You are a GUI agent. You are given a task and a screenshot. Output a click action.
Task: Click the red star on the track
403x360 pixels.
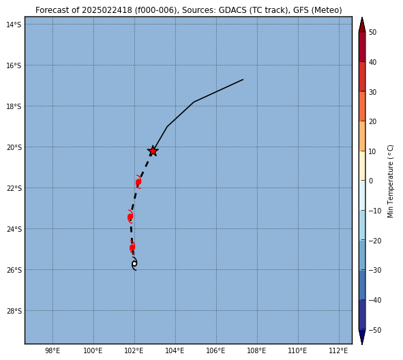pos(153,151)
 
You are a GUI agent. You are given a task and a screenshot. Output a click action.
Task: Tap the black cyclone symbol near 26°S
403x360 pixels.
pos(134,263)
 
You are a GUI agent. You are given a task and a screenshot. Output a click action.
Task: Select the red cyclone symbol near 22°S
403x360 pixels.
pos(138,181)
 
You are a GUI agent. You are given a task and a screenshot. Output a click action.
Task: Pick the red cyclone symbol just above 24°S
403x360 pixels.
pos(130,217)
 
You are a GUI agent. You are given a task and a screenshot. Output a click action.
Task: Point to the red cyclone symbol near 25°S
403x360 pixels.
pos(132,247)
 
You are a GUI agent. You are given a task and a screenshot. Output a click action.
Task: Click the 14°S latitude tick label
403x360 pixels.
pos(14,25)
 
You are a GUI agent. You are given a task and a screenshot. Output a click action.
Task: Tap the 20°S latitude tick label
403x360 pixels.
pos(14,147)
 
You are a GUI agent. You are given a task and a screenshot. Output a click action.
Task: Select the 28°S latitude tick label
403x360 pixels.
pos(14,311)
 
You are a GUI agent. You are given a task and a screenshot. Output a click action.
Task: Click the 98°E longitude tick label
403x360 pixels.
pos(53,350)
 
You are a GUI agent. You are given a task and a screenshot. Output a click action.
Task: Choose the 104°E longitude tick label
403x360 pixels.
pos(175,350)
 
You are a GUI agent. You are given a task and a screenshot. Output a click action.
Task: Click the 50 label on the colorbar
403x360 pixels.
pos(372,32)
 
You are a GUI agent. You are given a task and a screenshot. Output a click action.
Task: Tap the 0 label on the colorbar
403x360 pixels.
pos(371,181)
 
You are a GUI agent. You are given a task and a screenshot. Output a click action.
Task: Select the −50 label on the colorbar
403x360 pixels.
pos(375,330)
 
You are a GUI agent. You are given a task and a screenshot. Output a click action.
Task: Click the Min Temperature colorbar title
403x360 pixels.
pos(390,181)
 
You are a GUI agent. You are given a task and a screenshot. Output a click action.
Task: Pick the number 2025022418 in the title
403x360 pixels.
pos(107,10)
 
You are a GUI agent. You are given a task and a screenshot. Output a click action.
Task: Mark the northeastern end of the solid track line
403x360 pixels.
pos(243,79)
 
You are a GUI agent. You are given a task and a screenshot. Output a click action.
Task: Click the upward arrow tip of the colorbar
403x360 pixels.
pos(362,18)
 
